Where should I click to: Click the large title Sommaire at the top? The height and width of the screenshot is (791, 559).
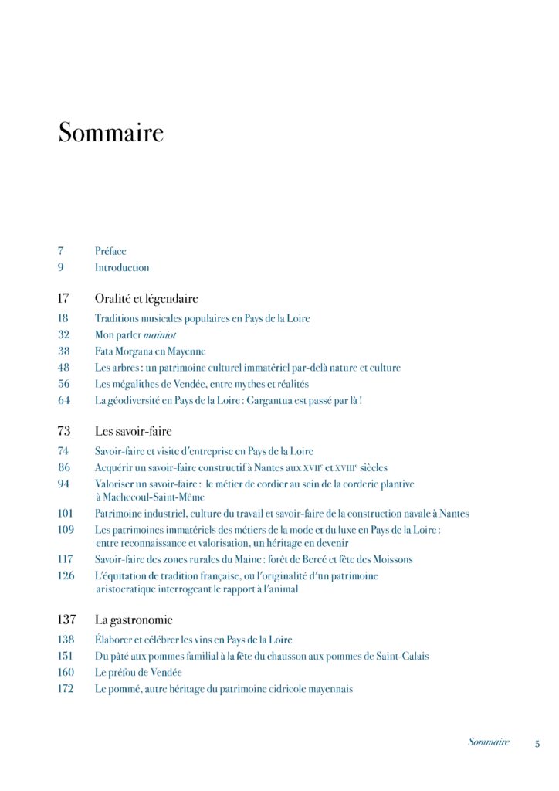pos(111,132)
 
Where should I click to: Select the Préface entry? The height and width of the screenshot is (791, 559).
pos(110,251)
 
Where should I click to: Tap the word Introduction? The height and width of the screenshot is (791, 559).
pos(122,268)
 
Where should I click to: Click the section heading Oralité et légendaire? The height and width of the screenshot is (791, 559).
pos(146,298)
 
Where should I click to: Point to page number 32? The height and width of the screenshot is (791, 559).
pos(63,334)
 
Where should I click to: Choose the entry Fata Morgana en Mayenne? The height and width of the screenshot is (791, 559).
pos(150,351)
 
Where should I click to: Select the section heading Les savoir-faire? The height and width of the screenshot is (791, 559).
pos(133,431)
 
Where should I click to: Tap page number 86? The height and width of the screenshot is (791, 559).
pos(63,467)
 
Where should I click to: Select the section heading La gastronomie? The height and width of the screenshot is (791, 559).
pos(134,620)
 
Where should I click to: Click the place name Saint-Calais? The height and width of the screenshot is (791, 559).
pos(403,657)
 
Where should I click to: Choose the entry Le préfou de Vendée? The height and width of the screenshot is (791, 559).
pos(139,673)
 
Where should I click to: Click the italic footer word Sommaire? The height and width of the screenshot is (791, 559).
pos(489,742)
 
